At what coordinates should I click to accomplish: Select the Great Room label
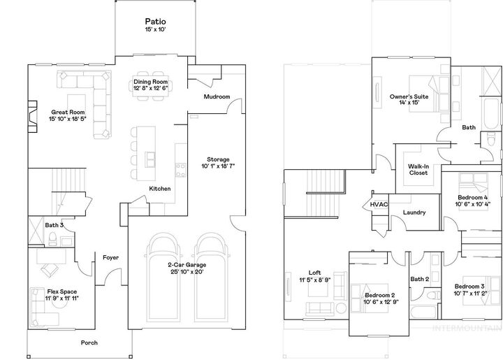click(x=67, y=112)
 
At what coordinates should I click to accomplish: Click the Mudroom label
click(x=217, y=96)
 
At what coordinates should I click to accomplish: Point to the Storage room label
click(x=217, y=160)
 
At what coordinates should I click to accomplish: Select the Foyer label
click(x=110, y=258)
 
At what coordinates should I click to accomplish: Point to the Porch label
click(x=89, y=343)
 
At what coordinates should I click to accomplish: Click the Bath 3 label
click(x=54, y=225)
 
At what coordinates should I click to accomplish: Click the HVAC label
click(x=379, y=205)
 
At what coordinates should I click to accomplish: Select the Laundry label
click(x=415, y=213)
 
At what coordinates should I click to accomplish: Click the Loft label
click(x=314, y=273)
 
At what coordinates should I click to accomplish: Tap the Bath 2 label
click(x=419, y=280)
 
